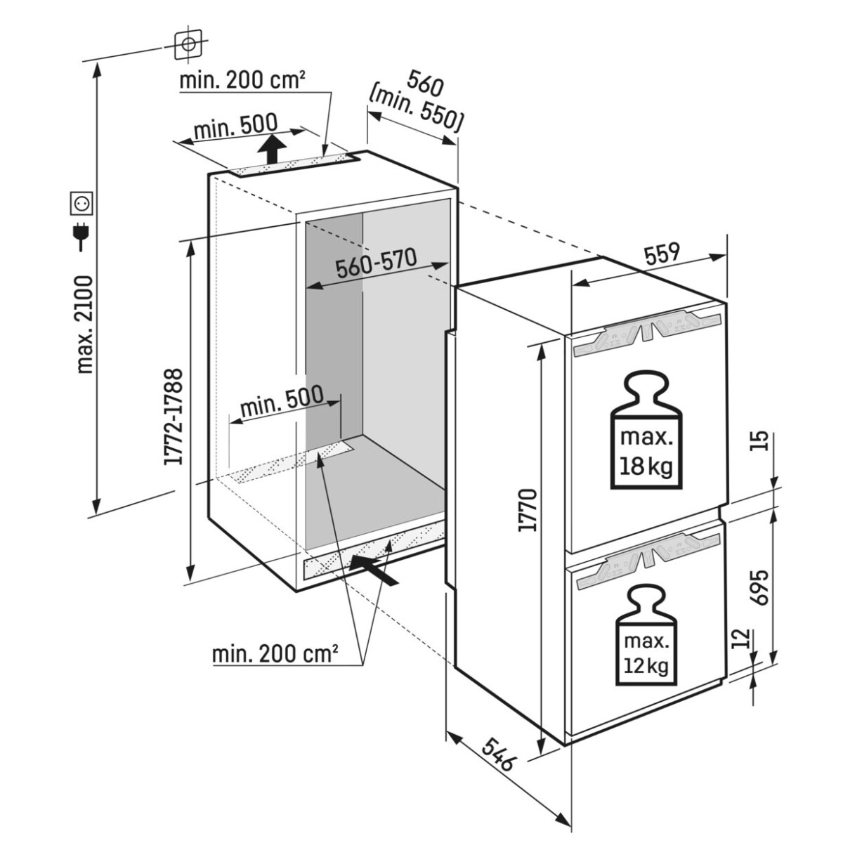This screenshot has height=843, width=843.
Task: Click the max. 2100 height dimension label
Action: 85,325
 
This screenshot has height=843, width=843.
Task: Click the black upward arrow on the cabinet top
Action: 270,150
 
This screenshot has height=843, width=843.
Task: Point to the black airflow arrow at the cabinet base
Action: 374,568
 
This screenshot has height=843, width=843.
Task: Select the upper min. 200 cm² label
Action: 242,80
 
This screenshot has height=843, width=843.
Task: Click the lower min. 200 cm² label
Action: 275,655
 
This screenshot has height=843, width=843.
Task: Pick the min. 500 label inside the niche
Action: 281,400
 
